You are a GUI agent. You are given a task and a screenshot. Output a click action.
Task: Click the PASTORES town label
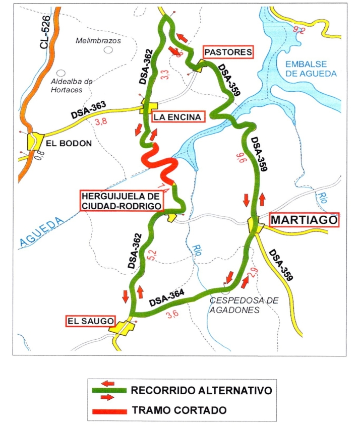click(x=227, y=52)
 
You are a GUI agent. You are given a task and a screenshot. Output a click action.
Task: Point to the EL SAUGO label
click(x=90, y=320)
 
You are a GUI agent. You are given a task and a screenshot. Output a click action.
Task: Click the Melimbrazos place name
click(x=98, y=41)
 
